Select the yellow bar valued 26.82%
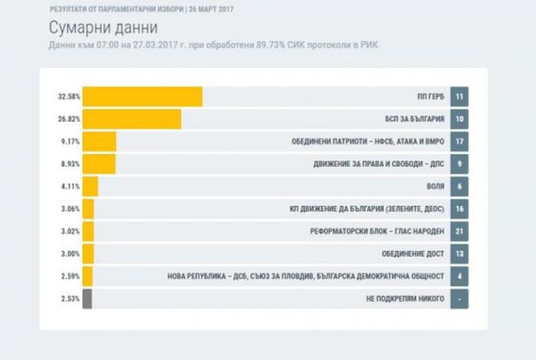(131, 119)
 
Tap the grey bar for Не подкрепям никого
(87, 299)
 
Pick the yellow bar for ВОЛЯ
(90, 186)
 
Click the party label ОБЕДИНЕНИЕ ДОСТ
(415, 254)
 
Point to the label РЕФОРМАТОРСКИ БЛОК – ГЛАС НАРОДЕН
(378, 231)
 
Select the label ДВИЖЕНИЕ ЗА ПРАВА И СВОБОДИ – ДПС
(379, 164)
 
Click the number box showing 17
(460, 141)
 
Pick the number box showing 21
(460, 231)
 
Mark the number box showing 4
(460, 276)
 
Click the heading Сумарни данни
(104, 29)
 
